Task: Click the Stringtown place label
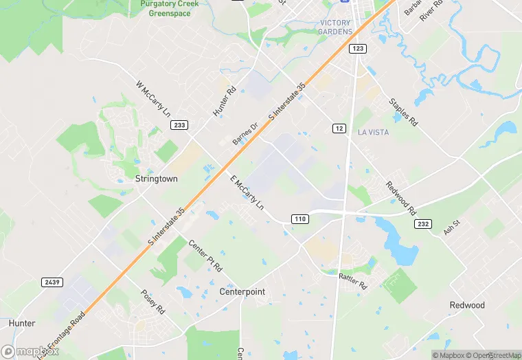pyautogui.click(x=157, y=179)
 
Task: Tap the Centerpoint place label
pyautogui.click(x=242, y=292)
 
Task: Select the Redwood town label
pyautogui.click(x=467, y=305)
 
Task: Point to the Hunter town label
pyautogui.click(x=22, y=323)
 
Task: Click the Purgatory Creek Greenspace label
pyautogui.click(x=169, y=8)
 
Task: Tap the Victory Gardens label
pyautogui.click(x=336, y=27)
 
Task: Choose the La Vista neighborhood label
pyautogui.click(x=374, y=131)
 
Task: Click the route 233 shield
pyautogui.click(x=179, y=125)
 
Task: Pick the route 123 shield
pyautogui.click(x=357, y=49)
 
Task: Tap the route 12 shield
pyautogui.click(x=339, y=128)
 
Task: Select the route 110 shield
pyautogui.click(x=299, y=219)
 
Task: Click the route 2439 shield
pyautogui.click(x=50, y=282)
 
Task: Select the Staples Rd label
pyautogui.click(x=403, y=112)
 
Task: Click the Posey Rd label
pyautogui.click(x=153, y=302)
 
